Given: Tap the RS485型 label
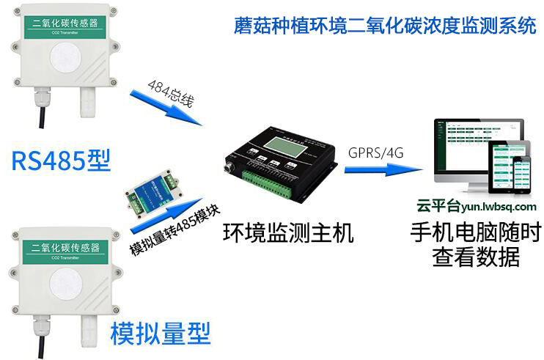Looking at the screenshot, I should (x=61, y=160).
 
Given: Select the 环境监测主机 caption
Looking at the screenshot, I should (x=288, y=233).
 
